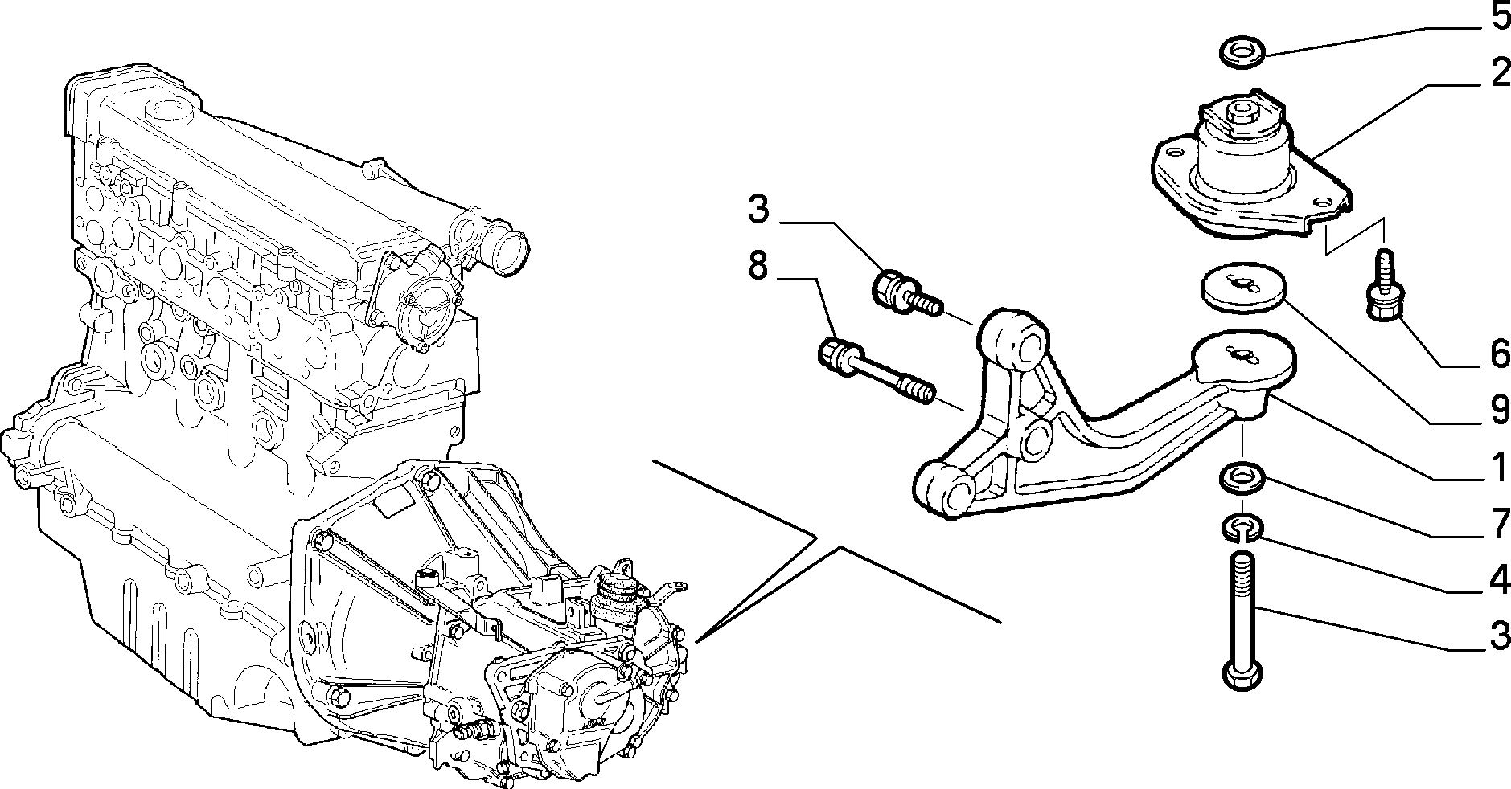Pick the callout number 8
(x=758, y=266)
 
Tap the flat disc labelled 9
(x=1243, y=288)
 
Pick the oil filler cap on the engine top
(x=169, y=108)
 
